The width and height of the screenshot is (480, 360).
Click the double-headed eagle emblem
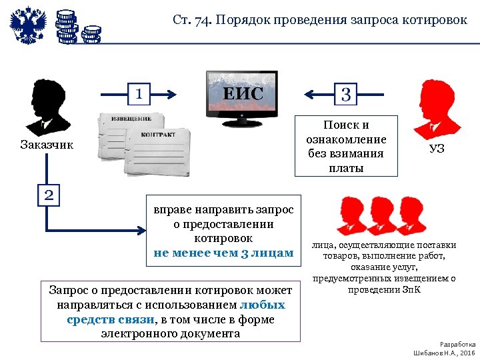(x=29, y=26)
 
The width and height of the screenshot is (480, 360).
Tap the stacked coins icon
(x=75, y=27)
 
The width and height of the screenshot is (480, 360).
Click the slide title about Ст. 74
(x=319, y=19)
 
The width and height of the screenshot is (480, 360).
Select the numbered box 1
(x=138, y=93)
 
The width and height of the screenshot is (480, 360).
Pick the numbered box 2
(x=49, y=195)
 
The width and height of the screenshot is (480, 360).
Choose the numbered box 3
(x=345, y=93)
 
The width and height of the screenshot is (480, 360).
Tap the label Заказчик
(x=47, y=145)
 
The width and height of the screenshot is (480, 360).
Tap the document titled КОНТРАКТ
(x=158, y=150)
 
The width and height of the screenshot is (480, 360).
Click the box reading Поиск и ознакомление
(x=346, y=146)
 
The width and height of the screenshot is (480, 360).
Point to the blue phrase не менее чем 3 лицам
(x=223, y=253)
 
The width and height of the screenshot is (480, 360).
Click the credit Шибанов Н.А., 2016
(x=444, y=351)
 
